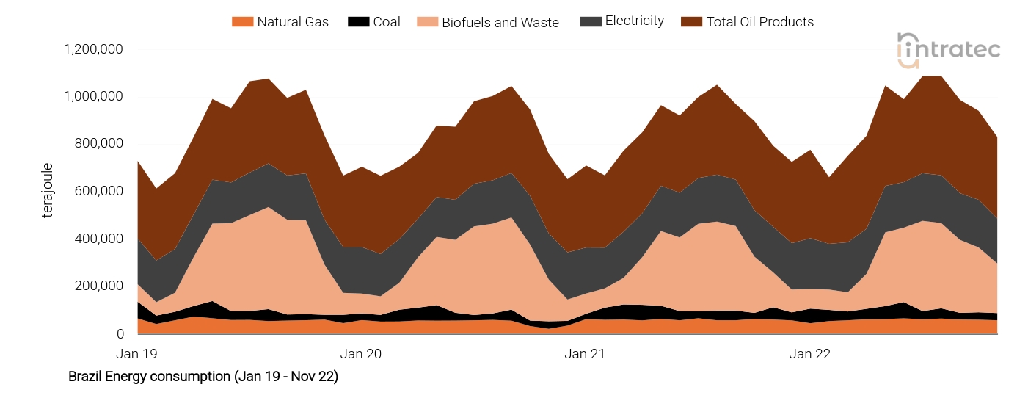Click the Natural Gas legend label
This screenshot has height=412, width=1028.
coord(293,22)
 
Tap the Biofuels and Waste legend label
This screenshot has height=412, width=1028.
coord(500,23)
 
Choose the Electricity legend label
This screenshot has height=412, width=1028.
coord(634,21)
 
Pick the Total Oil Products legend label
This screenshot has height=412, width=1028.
coord(759,22)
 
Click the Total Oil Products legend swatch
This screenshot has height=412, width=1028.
coord(690,22)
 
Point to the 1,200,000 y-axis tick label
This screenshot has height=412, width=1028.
coord(93,49)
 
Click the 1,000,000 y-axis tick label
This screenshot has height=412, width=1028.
coord(93,96)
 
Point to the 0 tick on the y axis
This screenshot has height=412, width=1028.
coord(120,333)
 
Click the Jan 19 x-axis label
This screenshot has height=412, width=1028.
coord(137,354)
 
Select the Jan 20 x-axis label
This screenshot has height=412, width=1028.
coord(362,354)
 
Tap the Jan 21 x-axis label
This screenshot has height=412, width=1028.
coord(585,354)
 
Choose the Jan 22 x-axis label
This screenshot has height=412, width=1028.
coord(810,354)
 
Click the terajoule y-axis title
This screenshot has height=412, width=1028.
coord(48,191)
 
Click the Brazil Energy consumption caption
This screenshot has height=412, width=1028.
coord(203,377)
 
